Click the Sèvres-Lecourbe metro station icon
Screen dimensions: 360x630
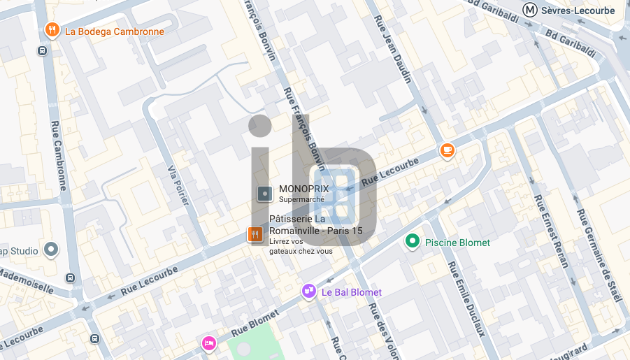point(531,10)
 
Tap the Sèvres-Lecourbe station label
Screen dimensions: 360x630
point(578,10)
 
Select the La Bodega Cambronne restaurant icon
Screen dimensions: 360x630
point(52,30)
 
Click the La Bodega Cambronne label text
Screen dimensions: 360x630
point(114,31)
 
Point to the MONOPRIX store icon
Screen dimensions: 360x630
point(264,194)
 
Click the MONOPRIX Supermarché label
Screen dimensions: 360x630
point(303,193)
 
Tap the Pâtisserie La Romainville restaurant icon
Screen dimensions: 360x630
point(255,236)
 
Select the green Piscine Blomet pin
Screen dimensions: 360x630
point(413,242)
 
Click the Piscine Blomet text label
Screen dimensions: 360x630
point(457,243)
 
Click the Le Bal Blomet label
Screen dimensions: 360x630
point(351,292)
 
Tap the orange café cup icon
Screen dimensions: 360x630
point(447,150)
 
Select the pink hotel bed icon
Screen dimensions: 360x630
point(208,343)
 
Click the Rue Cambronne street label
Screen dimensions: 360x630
point(58,155)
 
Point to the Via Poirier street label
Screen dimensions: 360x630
point(179,185)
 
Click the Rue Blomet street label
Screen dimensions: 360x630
point(255,322)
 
